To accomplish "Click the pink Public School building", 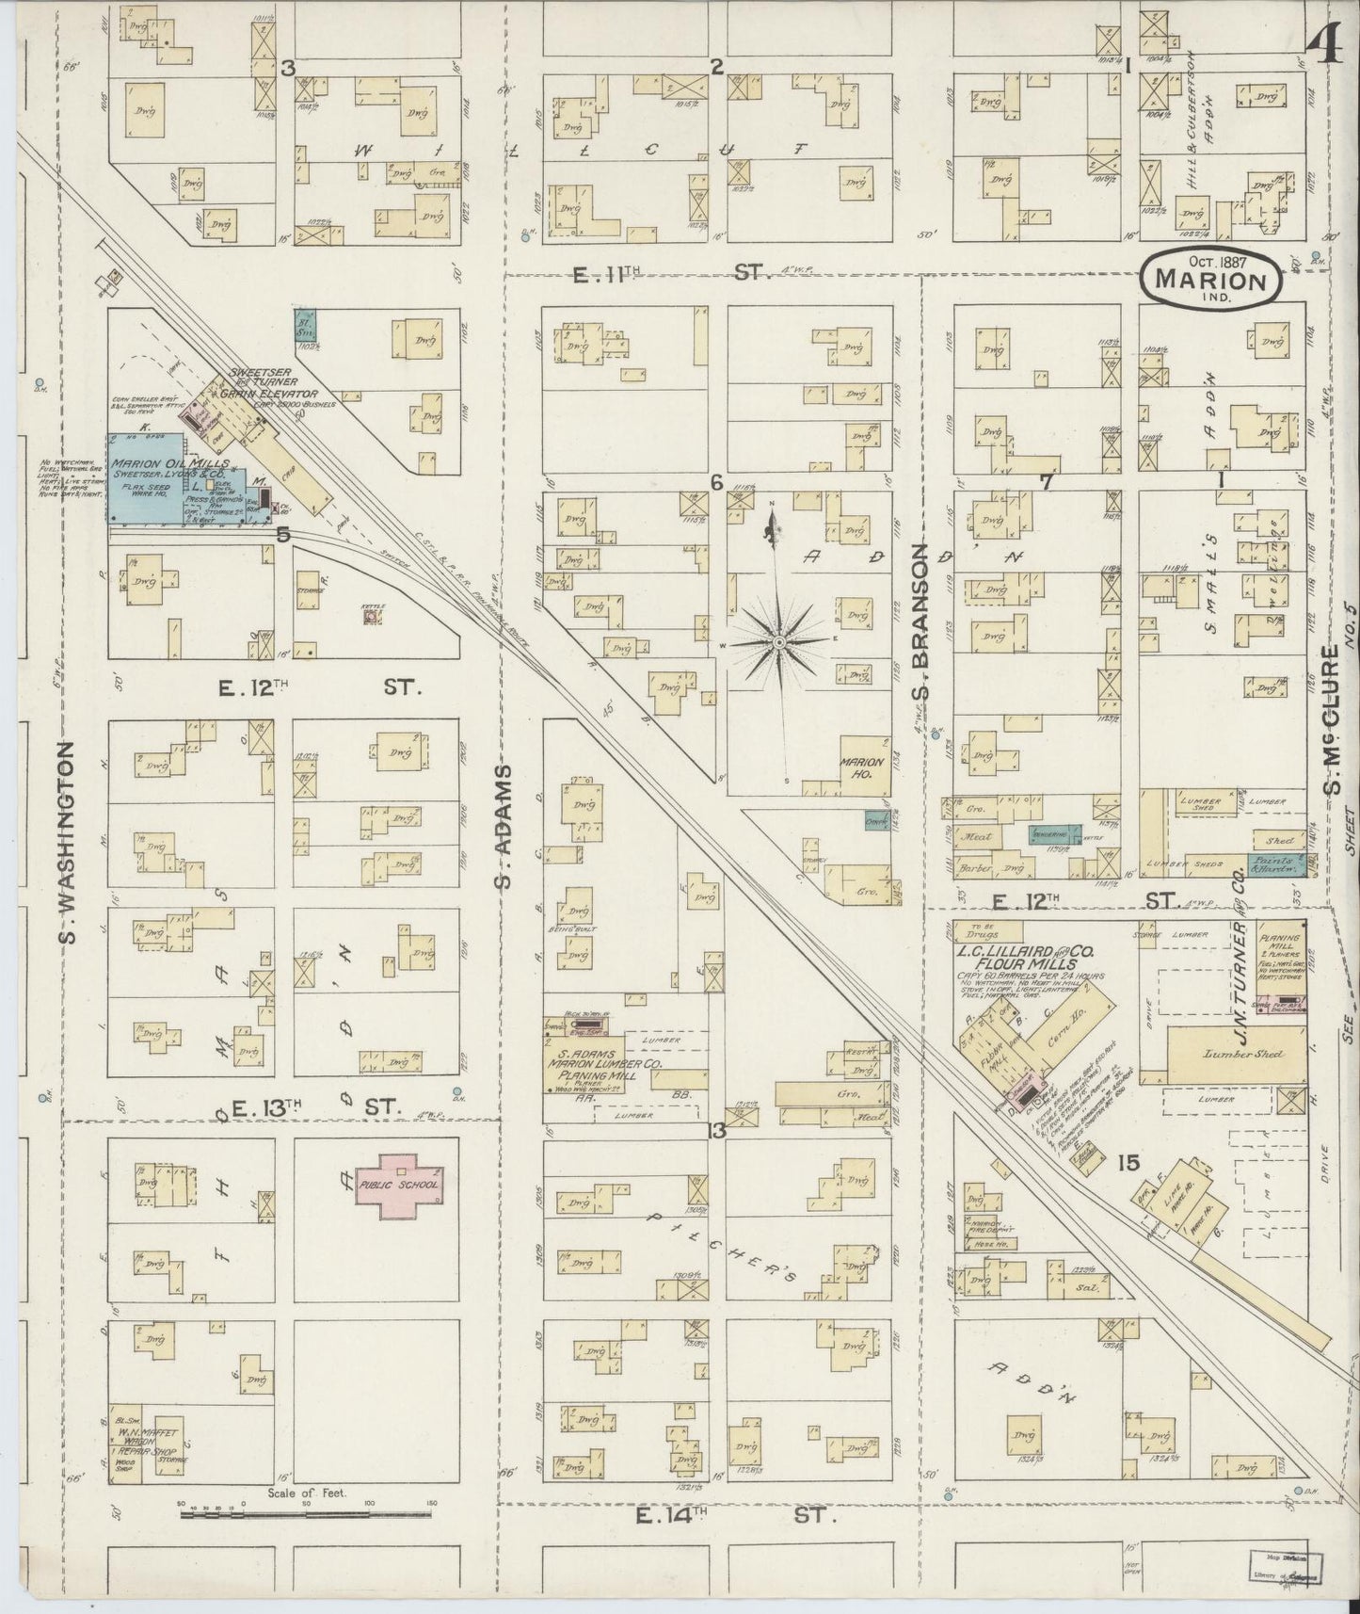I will (397, 1185).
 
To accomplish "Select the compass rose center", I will (779, 642).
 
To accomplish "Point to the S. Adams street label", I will (504, 826).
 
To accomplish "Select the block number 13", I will (717, 1131).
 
